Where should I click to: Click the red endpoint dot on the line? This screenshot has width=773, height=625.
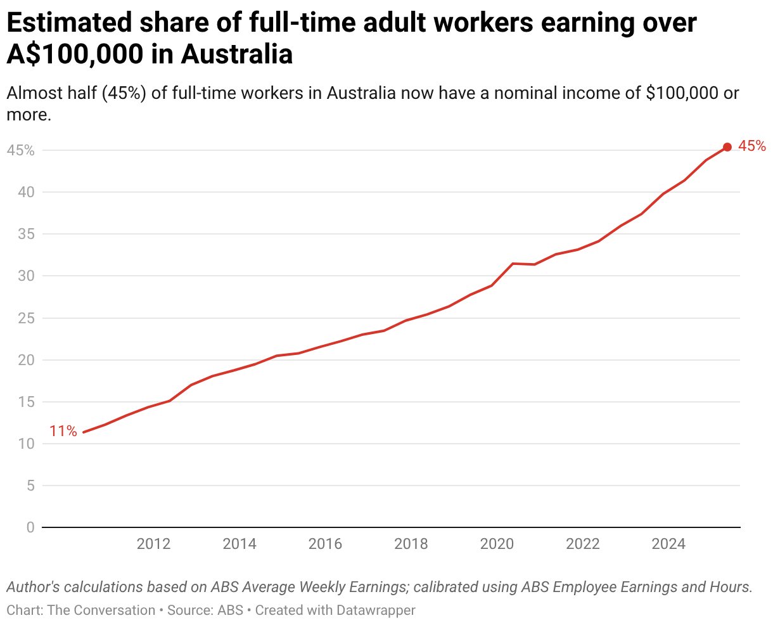[727, 147]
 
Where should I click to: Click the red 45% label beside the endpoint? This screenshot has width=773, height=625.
[752, 146]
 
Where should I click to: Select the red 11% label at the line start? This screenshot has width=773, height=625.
[63, 432]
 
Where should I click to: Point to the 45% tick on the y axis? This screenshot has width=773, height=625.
[21, 151]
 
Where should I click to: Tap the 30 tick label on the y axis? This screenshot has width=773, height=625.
[25, 276]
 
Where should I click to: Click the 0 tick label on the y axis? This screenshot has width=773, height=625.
[30, 527]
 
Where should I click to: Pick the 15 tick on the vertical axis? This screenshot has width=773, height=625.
[25, 402]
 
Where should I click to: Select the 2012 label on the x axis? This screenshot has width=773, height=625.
[153, 544]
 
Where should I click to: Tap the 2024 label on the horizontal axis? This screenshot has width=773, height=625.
[668, 544]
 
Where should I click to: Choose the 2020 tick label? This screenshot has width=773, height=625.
[497, 544]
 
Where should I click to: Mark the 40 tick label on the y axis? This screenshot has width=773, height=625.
[25, 193]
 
